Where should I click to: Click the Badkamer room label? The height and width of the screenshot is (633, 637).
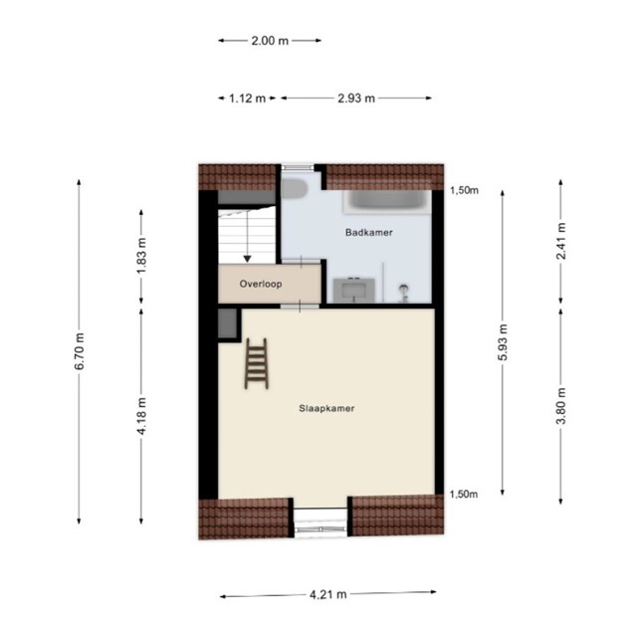click(369, 232)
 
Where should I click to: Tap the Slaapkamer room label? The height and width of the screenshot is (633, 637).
click(326, 408)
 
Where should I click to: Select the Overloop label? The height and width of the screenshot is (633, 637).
click(261, 284)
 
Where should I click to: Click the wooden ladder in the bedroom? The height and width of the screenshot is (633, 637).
click(257, 363)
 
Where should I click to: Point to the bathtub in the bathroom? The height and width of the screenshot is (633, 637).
click(386, 200)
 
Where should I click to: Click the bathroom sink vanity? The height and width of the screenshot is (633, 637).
click(354, 290)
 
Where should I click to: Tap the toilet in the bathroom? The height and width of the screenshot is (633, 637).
click(403, 293)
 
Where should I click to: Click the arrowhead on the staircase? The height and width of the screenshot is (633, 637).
click(247, 259)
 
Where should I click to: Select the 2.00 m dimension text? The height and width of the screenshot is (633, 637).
click(270, 41)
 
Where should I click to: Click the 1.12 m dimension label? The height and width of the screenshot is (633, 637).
click(247, 99)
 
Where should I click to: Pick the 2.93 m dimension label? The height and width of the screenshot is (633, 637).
click(356, 99)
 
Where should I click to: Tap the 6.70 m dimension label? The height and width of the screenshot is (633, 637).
click(80, 351)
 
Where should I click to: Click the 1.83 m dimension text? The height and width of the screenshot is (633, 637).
click(141, 256)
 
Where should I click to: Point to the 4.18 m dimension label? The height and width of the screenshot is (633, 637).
click(141, 416)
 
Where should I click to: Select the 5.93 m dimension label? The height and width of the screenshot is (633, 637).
click(503, 342)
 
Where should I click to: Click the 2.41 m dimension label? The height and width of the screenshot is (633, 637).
click(560, 241)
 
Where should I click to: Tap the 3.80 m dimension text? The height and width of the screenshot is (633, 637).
click(560, 406)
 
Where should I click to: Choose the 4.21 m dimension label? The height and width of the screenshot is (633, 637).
click(328, 595)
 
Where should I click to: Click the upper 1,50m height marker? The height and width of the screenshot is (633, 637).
click(464, 190)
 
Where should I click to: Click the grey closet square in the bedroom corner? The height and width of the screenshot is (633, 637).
click(227, 323)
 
